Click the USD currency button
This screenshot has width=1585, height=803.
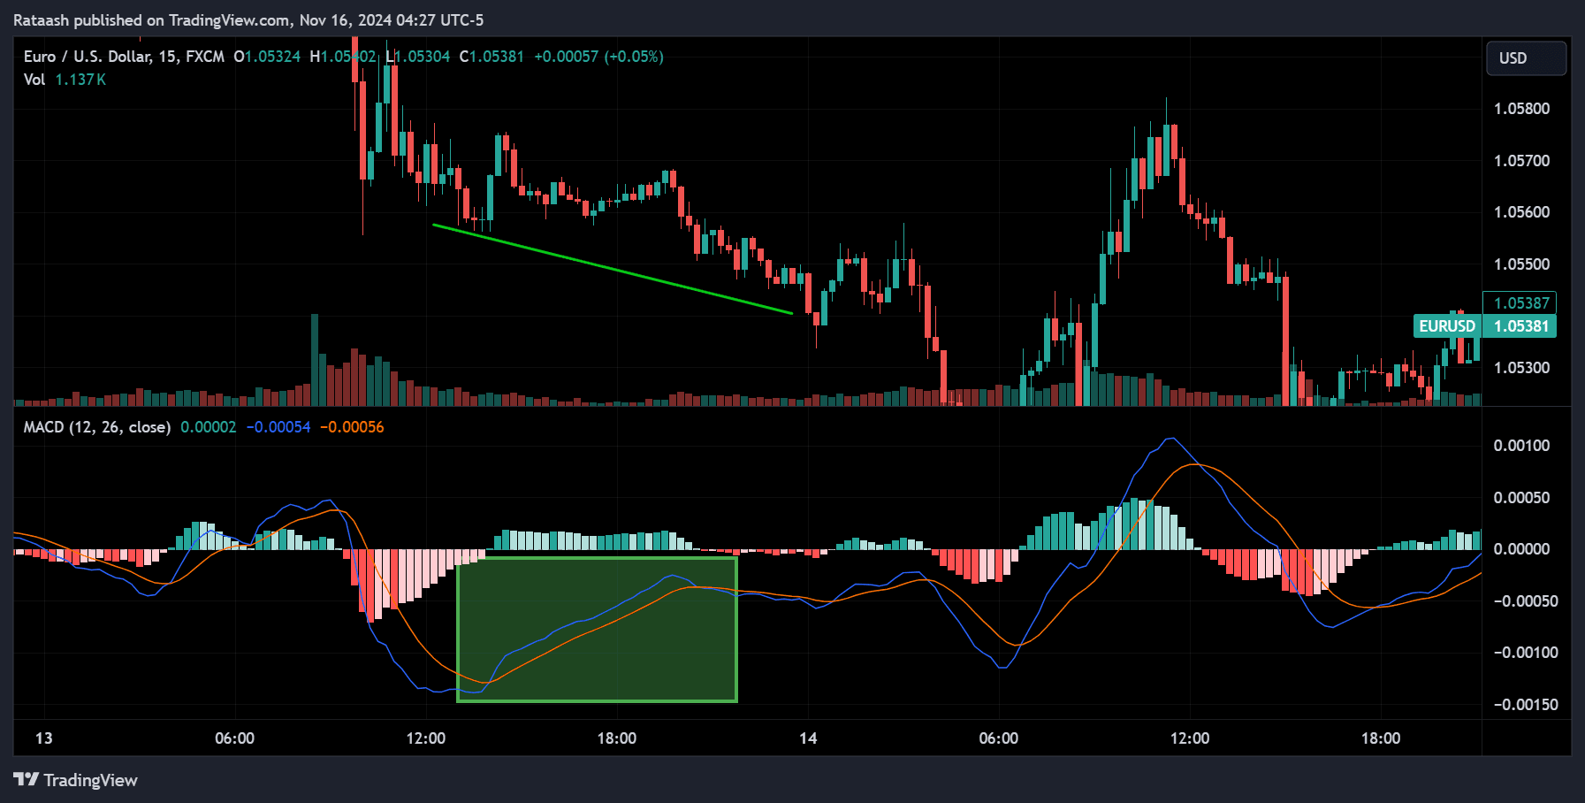click(x=1526, y=58)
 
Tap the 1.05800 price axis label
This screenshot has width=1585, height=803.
click(x=1521, y=109)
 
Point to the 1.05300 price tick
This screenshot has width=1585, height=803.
click(x=1521, y=368)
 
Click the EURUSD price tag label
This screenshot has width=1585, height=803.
click(x=1447, y=326)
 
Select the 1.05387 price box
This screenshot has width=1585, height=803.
click(x=1520, y=303)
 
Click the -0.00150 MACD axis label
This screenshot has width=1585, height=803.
click(x=1520, y=705)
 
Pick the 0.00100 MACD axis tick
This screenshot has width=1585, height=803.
click(x=1521, y=446)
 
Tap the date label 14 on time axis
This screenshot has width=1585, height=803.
click(x=808, y=738)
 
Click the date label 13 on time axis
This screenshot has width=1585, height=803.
click(x=43, y=738)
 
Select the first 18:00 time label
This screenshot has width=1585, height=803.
click(x=616, y=738)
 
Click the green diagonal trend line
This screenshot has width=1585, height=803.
click(x=612, y=269)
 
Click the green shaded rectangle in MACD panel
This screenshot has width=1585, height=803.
click(x=597, y=630)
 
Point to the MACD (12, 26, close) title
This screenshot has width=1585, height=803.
click(x=97, y=427)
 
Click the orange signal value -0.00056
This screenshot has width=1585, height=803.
click(x=352, y=427)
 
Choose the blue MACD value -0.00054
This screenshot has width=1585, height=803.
click(x=278, y=427)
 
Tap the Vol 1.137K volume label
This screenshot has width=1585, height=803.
click(x=65, y=80)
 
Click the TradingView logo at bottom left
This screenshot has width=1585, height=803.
click(x=75, y=780)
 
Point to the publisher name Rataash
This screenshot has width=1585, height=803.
click(x=41, y=19)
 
